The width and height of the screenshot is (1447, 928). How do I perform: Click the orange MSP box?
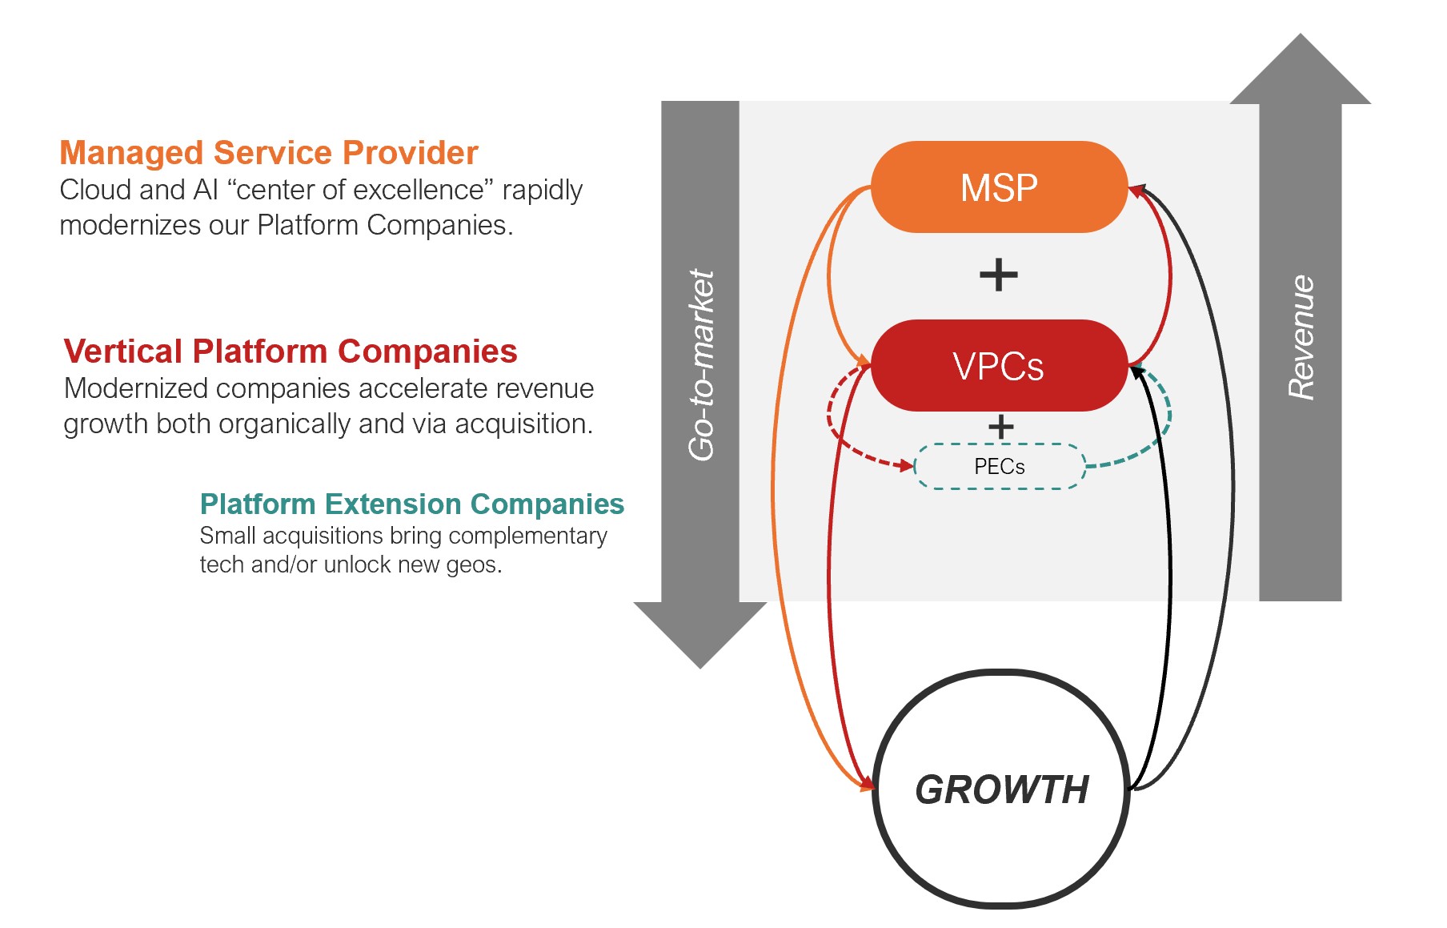pyautogui.click(x=999, y=187)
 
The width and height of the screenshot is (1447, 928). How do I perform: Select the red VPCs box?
pyautogui.click(x=999, y=366)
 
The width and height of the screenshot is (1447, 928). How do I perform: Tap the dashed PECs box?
pyautogui.click(x=1000, y=466)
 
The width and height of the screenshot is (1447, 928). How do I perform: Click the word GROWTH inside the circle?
pyautogui.click(x=1002, y=789)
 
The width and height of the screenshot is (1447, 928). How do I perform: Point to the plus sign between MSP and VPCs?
pyautogui.click(x=999, y=275)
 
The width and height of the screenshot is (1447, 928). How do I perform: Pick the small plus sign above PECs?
pyautogui.click(x=1000, y=426)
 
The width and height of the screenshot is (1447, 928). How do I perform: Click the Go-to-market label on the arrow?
pyautogui.click(x=701, y=364)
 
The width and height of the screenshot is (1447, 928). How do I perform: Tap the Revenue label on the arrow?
pyautogui.click(x=1301, y=337)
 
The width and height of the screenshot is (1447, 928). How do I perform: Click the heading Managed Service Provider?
pyautogui.click(x=269, y=152)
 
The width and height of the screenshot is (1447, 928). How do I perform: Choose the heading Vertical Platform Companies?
pyautogui.click(x=291, y=351)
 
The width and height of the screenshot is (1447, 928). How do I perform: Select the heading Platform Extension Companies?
pyautogui.click(x=411, y=504)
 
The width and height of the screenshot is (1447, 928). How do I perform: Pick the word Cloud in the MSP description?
pyautogui.click(x=95, y=190)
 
